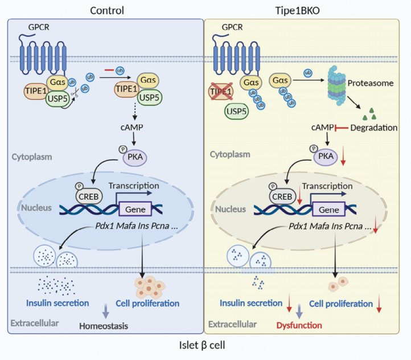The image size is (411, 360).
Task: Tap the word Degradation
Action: (374, 128)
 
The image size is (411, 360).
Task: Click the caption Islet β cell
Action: (205, 346)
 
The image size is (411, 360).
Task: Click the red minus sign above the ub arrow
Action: (107, 70)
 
